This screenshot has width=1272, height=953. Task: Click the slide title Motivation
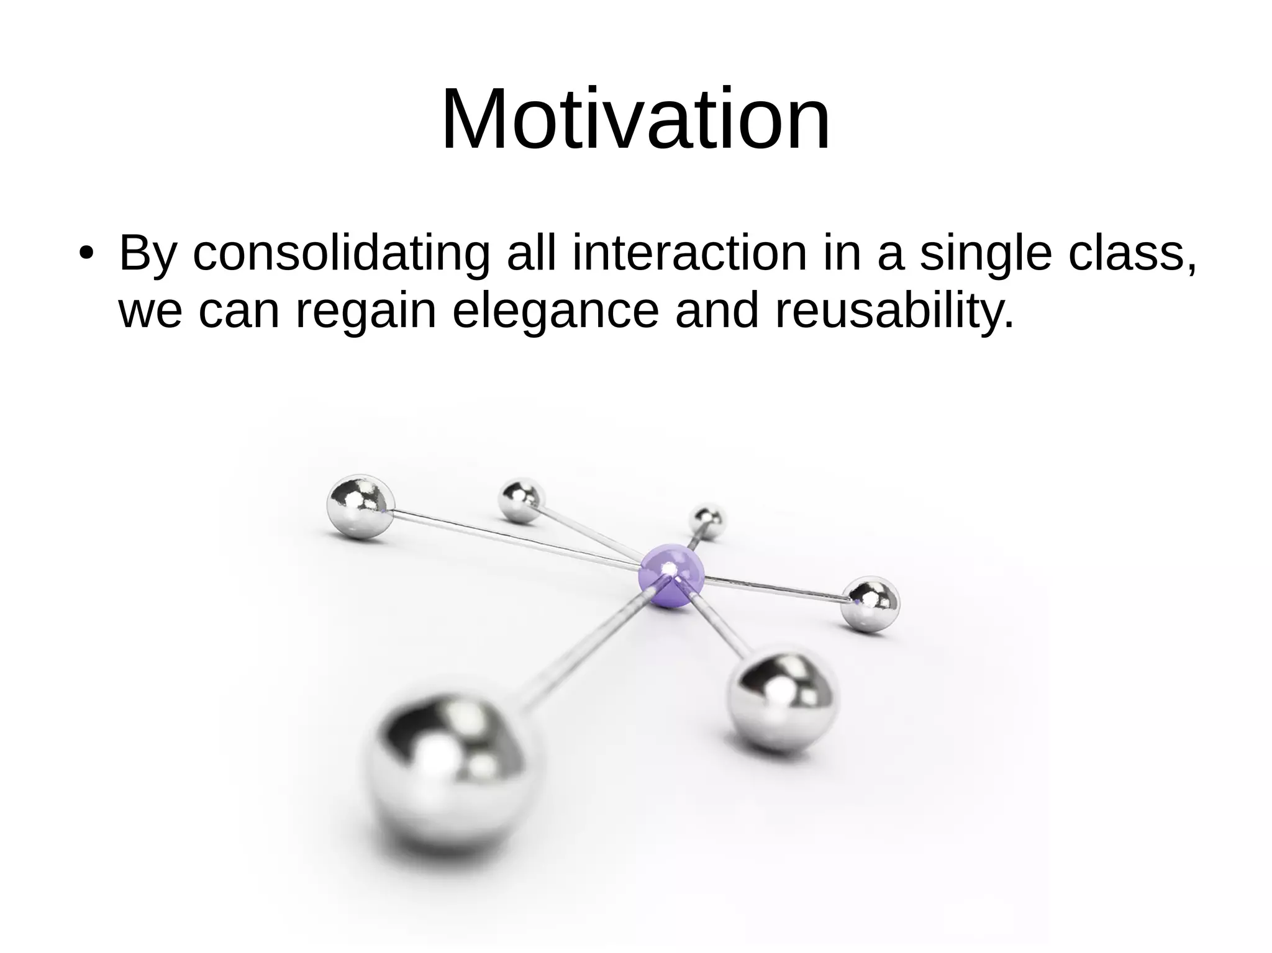pyautogui.click(x=635, y=119)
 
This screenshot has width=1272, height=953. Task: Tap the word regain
pyautogui.click(x=366, y=312)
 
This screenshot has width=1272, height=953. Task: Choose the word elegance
pyautogui.click(x=555, y=312)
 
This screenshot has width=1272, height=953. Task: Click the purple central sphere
pyautogui.click(x=671, y=576)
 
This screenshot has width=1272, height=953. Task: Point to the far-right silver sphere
pyautogui.click(x=871, y=604)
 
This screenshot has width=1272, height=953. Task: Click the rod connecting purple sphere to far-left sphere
pyautogui.click(x=516, y=538)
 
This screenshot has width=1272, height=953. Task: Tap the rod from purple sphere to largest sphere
pyautogui.click(x=584, y=649)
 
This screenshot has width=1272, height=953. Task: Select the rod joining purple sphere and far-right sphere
pyautogui.click(x=776, y=590)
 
